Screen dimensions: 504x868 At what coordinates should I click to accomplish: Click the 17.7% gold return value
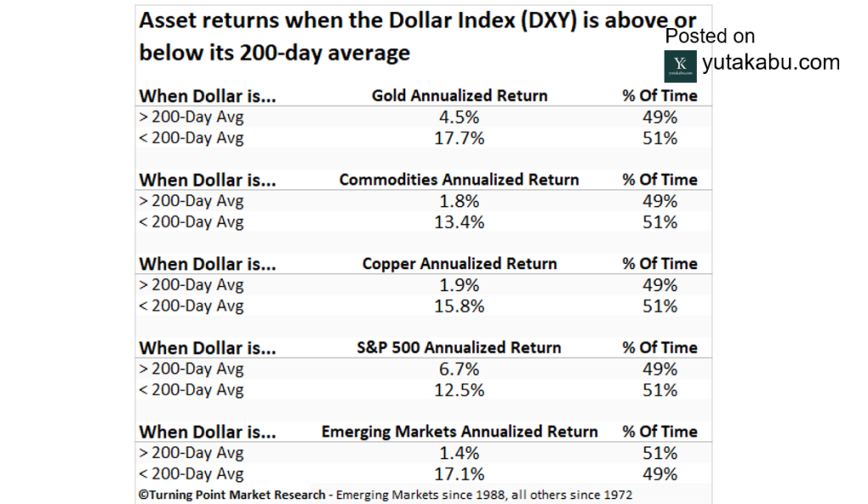[459, 137]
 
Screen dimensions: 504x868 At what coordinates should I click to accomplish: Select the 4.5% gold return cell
[459, 117]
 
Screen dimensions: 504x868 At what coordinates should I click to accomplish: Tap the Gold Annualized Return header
[459, 96]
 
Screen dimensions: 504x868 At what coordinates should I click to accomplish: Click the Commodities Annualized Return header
[459, 180]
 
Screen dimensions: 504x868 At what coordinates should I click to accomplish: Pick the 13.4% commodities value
[459, 222]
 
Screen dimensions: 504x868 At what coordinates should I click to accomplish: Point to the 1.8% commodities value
[459, 201]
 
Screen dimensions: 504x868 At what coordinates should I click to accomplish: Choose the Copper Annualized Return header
[459, 264]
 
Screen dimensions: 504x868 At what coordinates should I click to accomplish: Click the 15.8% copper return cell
[459, 306]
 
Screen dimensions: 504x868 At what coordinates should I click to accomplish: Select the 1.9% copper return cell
[459, 285]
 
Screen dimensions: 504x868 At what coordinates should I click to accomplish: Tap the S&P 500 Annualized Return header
[459, 348]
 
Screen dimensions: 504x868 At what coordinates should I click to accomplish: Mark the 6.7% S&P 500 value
[459, 369]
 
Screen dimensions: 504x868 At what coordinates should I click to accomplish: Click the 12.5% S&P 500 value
[459, 390]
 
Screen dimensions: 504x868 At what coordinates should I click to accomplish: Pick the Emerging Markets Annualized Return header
[459, 432]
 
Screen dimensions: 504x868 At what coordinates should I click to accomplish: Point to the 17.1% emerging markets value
[459, 473]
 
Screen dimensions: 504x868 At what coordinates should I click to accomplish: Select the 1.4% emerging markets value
[459, 453]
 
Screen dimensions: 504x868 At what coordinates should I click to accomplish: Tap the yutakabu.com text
[771, 63]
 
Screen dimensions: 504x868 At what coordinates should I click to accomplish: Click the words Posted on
[709, 36]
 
